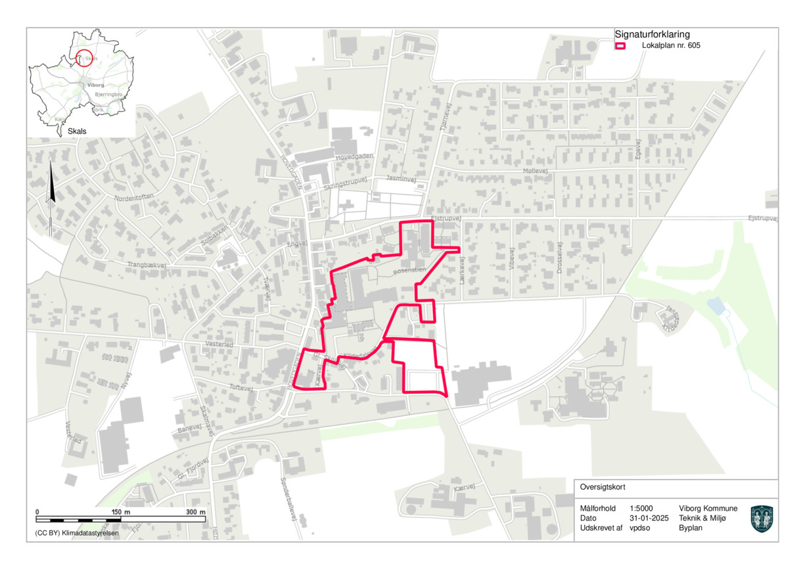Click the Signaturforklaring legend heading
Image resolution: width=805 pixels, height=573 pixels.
(x=652, y=34)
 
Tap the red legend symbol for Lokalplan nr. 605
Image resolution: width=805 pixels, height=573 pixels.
(x=620, y=46)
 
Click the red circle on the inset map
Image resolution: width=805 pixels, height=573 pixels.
(x=83, y=58)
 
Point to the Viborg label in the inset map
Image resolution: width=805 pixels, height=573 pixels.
(x=96, y=85)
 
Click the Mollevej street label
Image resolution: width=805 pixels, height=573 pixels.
(x=535, y=171)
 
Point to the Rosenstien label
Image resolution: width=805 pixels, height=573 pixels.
(x=409, y=270)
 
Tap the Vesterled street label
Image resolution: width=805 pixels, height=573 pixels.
(x=219, y=344)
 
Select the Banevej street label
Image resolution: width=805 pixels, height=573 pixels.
(x=189, y=430)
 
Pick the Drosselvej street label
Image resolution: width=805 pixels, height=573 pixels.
(x=560, y=261)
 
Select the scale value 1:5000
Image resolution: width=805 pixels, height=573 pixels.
(x=641, y=509)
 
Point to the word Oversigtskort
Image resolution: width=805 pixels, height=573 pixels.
(x=603, y=488)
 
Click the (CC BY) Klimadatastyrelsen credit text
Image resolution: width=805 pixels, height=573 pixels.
(x=73, y=533)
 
